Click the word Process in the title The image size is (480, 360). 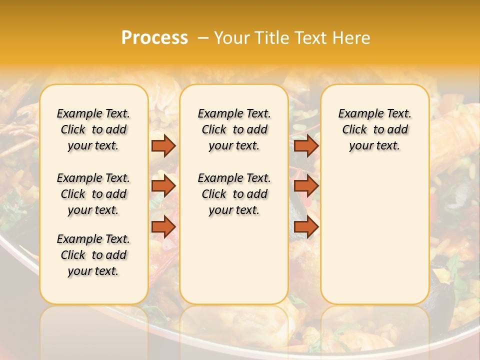tap(154, 37)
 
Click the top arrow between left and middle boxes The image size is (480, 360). tap(163, 145)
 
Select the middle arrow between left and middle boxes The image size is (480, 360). tap(163, 186)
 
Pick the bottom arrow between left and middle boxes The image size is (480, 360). tap(163, 226)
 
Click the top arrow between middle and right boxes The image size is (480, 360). tap(306, 145)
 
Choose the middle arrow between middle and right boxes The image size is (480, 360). tap(306, 186)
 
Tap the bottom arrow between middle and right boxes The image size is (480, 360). tap(306, 226)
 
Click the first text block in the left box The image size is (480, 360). tap(93, 129)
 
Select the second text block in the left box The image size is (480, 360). tap(93, 194)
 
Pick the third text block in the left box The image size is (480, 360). tap(93, 255)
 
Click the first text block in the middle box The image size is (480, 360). tap(234, 129)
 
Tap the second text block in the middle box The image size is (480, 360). tap(234, 194)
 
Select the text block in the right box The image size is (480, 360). tap(375, 129)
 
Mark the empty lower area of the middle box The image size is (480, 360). tap(234, 260)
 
